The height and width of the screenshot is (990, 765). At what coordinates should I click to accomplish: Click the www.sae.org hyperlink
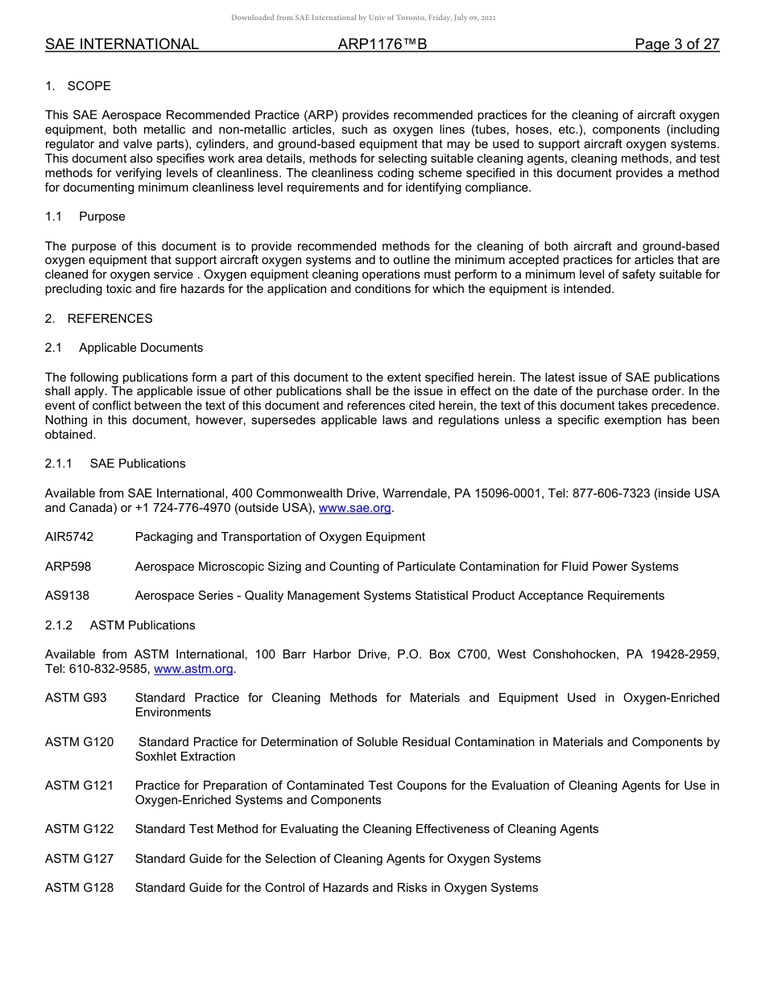355,508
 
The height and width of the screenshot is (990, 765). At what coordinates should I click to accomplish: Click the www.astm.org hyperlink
193,669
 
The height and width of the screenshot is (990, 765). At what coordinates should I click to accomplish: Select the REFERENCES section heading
110,319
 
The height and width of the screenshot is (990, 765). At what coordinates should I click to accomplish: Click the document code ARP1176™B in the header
382,44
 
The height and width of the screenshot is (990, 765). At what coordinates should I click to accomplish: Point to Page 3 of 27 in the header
676,44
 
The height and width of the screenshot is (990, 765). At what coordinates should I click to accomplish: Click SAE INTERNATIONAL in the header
122,44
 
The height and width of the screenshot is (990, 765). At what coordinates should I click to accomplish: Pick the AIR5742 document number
69,537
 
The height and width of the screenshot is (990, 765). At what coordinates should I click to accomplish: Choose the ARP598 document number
68,567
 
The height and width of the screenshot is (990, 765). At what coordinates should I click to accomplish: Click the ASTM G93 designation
76,698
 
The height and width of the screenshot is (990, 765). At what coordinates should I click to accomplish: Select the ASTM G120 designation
79,742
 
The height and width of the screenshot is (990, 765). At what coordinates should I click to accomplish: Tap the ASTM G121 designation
79,786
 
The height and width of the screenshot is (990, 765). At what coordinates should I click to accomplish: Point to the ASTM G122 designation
79,829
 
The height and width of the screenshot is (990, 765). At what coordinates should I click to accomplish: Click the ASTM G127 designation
79,859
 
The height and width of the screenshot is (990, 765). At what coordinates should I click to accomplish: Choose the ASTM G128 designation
79,888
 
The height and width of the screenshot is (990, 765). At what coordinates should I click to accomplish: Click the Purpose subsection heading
102,217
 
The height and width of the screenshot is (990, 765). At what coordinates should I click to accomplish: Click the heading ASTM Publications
143,625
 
